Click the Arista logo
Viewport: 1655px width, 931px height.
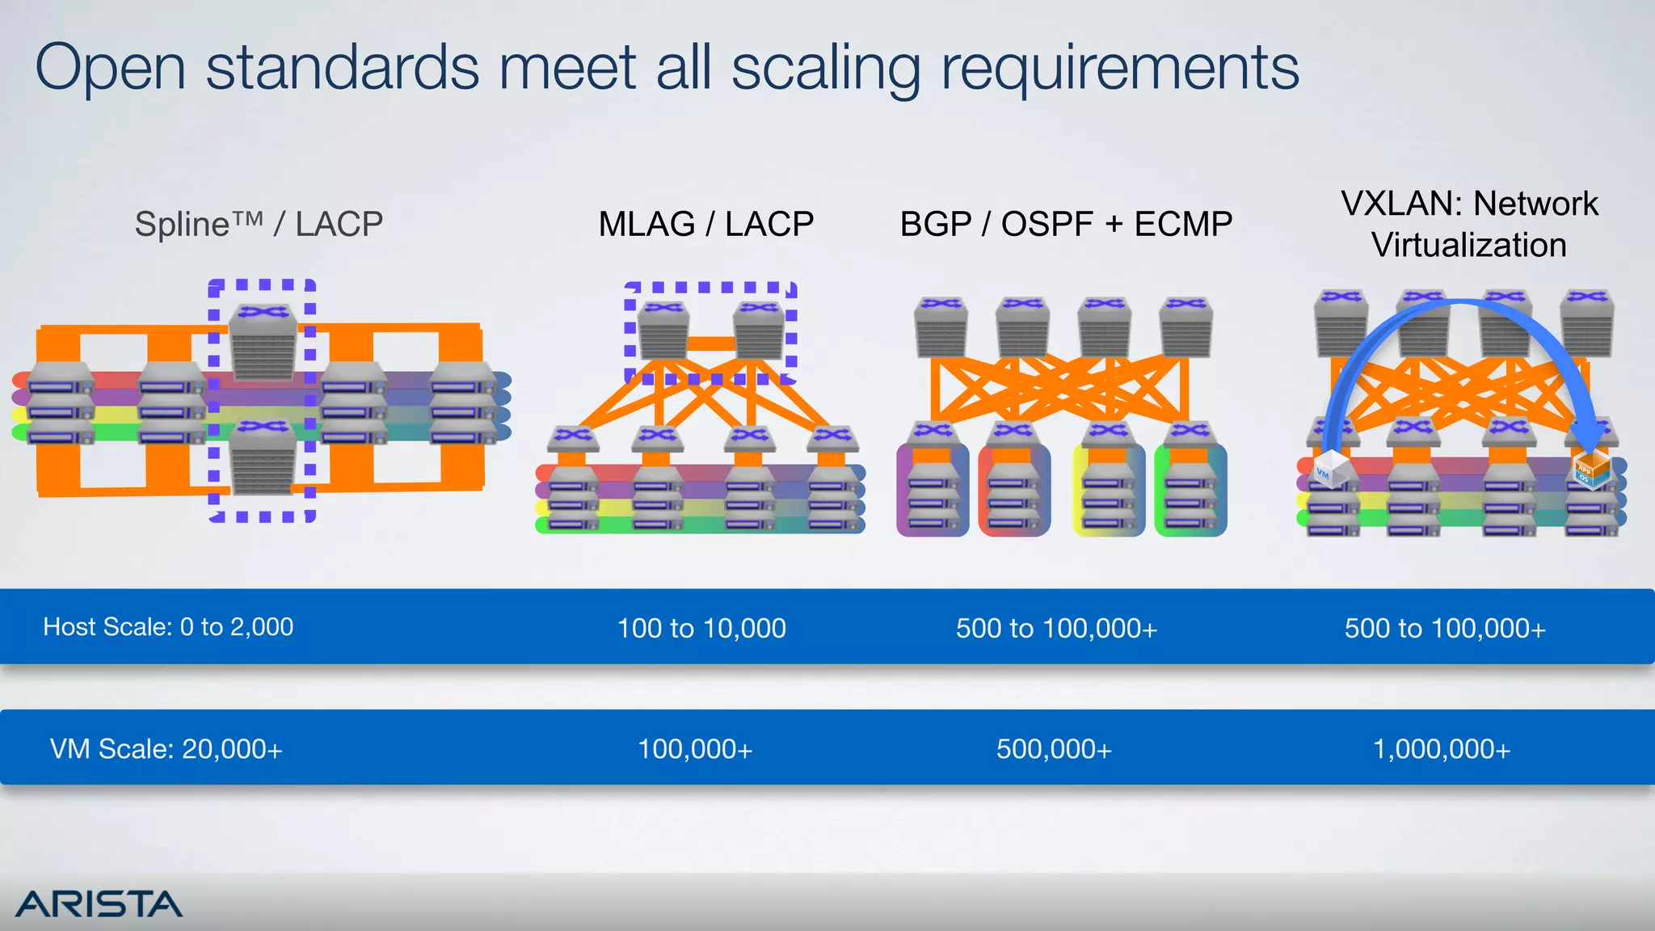(x=99, y=904)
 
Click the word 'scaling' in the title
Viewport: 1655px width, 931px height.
(x=826, y=69)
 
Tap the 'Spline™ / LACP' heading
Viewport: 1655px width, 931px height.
(x=259, y=224)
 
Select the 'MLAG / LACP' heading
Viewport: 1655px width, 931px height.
(x=705, y=224)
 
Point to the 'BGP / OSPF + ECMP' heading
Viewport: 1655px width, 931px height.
(x=1066, y=224)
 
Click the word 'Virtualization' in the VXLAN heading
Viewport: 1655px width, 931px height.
(x=1468, y=245)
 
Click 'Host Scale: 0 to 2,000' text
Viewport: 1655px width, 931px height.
(x=168, y=627)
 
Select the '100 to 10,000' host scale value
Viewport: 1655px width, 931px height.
(x=701, y=628)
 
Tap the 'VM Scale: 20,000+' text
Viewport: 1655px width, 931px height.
(x=166, y=749)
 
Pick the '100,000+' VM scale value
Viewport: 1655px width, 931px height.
(x=695, y=749)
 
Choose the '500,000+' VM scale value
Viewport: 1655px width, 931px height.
(x=1054, y=749)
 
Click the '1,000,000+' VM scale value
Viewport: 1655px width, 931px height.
(x=1441, y=749)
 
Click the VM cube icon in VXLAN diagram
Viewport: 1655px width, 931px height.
(x=1329, y=470)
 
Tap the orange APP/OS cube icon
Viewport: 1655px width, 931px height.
(x=1590, y=471)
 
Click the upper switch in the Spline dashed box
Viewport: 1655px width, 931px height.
(x=263, y=341)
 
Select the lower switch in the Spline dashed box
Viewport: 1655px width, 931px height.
(x=263, y=456)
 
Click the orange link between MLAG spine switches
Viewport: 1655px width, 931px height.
(x=710, y=343)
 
